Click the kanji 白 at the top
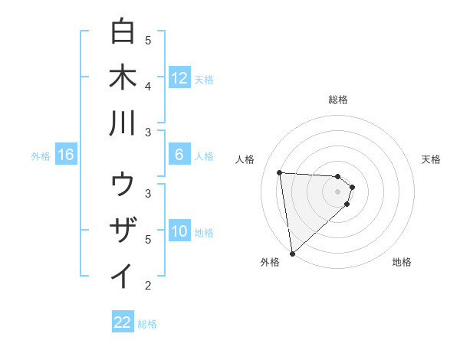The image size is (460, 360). pyautogui.click(x=123, y=32)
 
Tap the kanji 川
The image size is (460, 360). pyautogui.click(x=123, y=123)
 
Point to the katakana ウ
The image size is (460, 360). pyautogui.click(x=123, y=185)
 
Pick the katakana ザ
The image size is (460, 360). pyautogui.click(x=123, y=231)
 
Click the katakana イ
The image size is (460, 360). pyautogui.click(x=123, y=277)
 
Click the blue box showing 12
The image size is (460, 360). pyautogui.click(x=179, y=77)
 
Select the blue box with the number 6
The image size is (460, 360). pyautogui.click(x=179, y=155)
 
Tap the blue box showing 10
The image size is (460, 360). pyautogui.click(x=179, y=231)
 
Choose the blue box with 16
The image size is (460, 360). pyautogui.click(x=66, y=155)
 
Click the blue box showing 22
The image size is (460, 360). pyautogui.click(x=123, y=322)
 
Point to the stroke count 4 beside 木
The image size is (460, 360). pyautogui.click(x=148, y=86)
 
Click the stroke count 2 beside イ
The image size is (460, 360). pyautogui.click(x=148, y=286)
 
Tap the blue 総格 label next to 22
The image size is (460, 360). pyautogui.click(x=148, y=324)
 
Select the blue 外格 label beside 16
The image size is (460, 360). pyautogui.click(x=41, y=156)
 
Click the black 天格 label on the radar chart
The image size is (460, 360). pyautogui.click(x=431, y=159)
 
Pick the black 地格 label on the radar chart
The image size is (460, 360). pyautogui.click(x=402, y=262)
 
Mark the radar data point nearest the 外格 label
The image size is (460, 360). pyautogui.click(x=292, y=254)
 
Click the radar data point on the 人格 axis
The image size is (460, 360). pyautogui.click(x=280, y=172)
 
